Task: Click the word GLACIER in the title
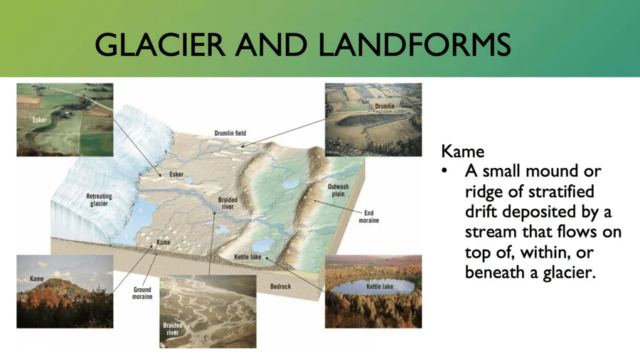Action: (x=159, y=44)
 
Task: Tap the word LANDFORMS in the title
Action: (x=415, y=44)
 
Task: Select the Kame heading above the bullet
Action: (x=462, y=152)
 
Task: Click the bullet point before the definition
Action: (x=444, y=171)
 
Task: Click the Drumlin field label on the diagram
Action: (x=230, y=133)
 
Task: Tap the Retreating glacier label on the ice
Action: (x=99, y=200)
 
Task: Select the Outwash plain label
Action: (x=338, y=190)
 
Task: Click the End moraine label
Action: (x=368, y=216)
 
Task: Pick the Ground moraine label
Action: (x=142, y=293)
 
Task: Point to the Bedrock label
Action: (x=280, y=287)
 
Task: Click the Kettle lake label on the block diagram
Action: (x=247, y=257)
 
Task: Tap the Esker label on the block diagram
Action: (x=176, y=174)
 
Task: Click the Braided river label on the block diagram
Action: (x=228, y=203)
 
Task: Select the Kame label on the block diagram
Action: (x=164, y=242)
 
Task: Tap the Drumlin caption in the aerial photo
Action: (x=385, y=106)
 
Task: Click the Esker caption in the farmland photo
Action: (x=40, y=120)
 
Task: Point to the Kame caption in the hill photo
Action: (x=37, y=279)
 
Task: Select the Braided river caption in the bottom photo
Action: (x=173, y=329)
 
